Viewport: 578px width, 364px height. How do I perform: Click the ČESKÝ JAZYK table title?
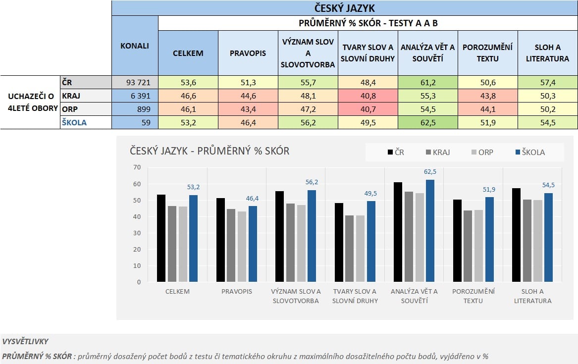344,8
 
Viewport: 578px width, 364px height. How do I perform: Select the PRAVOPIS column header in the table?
248,53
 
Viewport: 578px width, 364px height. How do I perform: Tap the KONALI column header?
135,46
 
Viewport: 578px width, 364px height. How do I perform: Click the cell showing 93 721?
135,82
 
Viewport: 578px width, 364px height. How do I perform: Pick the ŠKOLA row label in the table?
74,122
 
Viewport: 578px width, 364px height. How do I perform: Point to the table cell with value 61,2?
428,82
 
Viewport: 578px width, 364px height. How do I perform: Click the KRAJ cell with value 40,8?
368,96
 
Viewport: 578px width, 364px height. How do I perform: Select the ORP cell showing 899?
135,109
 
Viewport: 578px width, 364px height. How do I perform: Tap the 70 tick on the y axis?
137,167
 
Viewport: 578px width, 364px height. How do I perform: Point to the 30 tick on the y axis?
137,233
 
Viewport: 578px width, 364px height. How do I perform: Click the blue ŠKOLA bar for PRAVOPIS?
253,244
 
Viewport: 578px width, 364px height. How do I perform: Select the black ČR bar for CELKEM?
161,238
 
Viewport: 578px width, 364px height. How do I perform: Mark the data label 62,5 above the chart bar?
430,172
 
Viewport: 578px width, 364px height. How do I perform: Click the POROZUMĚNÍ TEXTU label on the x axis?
473,296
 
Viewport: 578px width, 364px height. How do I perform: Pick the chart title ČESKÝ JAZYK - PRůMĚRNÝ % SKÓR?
210,151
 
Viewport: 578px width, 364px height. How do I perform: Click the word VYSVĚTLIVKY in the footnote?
25,342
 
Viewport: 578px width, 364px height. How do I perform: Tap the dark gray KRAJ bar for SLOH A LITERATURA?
527,241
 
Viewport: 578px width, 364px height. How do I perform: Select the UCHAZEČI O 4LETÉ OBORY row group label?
30,102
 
